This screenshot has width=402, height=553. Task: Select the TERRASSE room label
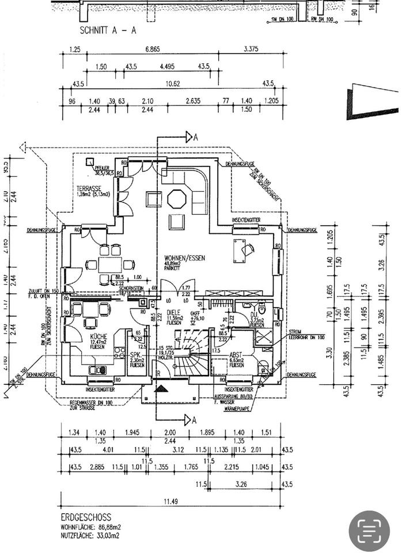pos(89,188)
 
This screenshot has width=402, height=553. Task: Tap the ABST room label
pos(236,355)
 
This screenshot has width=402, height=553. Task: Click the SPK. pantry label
pos(136,355)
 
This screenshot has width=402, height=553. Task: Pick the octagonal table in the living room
pos(176,199)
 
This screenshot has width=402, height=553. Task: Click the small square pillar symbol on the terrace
pos(90,162)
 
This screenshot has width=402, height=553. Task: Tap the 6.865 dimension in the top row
pos(153,50)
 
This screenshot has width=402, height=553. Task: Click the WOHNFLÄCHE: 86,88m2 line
pos(90,527)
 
